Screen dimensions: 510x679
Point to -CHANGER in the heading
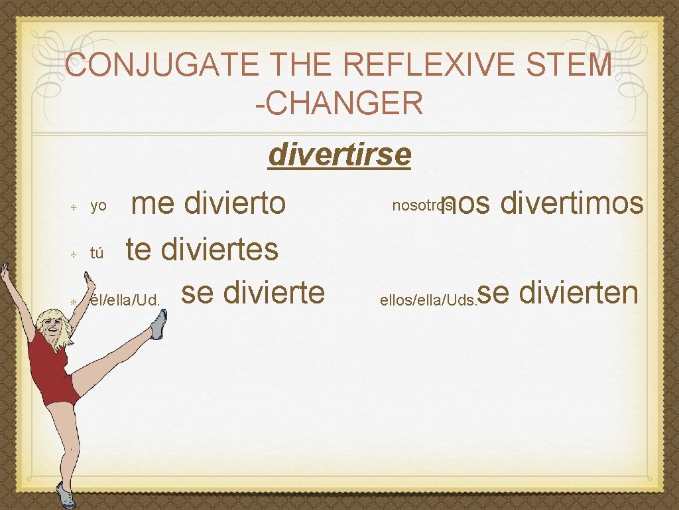coord(339,103)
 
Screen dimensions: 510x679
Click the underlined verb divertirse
coord(339,155)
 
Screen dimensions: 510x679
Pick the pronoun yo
coord(98,207)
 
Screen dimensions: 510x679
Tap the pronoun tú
coord(97,253)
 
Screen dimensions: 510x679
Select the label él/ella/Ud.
coord(125,299)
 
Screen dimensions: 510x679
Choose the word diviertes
coord(219,250)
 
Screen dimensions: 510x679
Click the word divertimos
coord(572,204)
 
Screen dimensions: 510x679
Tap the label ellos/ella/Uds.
coord(427,300)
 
